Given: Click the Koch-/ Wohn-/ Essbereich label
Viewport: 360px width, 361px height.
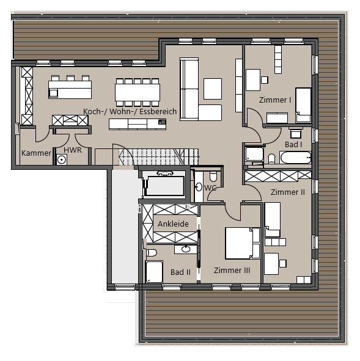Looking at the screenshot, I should (130, 112).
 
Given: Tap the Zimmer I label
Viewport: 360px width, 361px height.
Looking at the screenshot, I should (275, 100).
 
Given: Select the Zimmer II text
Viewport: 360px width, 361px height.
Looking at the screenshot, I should (287, 192).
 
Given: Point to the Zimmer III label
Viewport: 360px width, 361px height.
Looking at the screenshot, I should (232, 270).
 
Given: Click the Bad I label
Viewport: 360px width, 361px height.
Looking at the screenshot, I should (293, 145).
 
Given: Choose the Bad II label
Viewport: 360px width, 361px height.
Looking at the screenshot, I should (181, 272).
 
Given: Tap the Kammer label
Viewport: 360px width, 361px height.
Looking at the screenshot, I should (36, 153).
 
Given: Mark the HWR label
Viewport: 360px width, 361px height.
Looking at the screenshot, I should (72, 150).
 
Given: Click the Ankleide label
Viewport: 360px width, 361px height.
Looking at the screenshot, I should (173, 224).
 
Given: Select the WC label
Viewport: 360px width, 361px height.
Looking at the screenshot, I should (211, 188).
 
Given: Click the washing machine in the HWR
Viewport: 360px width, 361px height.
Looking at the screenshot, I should (61, 159).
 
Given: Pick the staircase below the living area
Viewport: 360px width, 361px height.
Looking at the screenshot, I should (150, 156).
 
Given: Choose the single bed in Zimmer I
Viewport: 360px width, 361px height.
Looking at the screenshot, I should (303, 105).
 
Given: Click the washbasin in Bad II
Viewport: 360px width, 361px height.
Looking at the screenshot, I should (186, 249).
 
